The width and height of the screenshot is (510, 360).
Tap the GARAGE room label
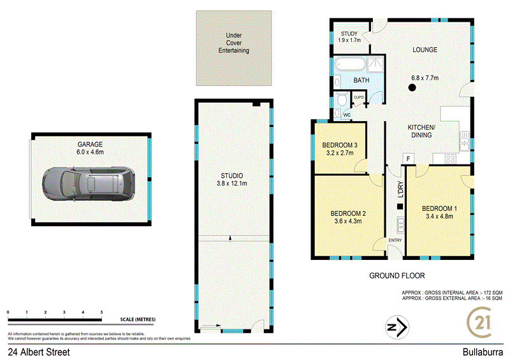[91, 145]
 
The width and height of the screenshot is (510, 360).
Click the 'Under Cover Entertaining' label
[233, 43]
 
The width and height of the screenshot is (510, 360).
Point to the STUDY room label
[349, 34]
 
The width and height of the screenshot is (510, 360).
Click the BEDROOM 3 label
[339, 145]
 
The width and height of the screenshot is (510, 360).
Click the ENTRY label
[395, 240]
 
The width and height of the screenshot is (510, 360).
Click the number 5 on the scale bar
[101, 312]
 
